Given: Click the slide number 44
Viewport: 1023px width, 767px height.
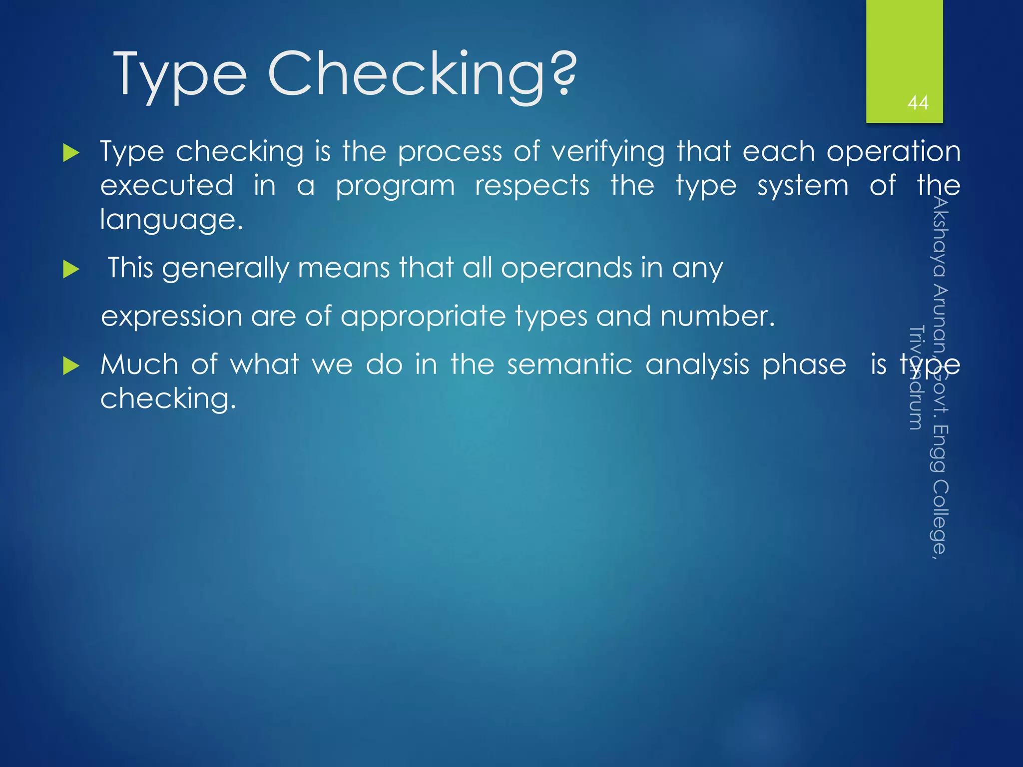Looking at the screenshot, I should click(918, 103).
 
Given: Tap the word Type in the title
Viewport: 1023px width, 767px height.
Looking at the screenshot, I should click(180, 75).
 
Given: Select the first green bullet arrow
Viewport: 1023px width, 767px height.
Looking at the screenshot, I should click(71, 153).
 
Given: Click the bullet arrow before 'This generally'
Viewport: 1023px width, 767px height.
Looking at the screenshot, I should click(71, 270).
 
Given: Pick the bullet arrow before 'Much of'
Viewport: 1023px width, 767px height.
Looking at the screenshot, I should click(71, 367).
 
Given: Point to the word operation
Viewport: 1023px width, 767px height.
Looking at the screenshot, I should click(893, 151).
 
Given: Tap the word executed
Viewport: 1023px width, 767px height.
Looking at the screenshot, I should click(167, 186).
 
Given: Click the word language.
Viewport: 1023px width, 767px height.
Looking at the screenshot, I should click(171, 220).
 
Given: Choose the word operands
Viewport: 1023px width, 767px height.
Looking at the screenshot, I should click(566, 268).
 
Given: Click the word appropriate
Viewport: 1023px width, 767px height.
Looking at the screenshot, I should click(423, 317).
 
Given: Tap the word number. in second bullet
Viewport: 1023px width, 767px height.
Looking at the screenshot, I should click(717, 316).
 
